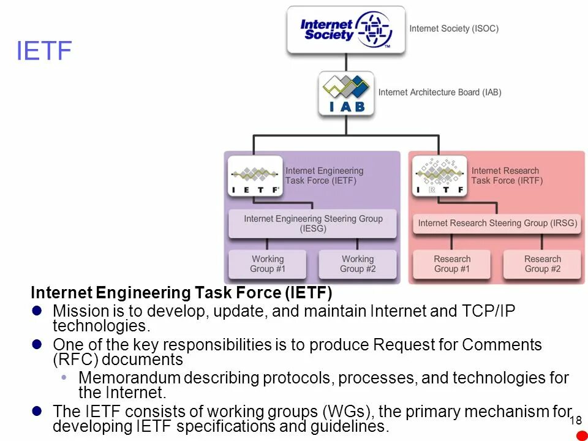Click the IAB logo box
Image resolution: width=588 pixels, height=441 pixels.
[x=346, y=93]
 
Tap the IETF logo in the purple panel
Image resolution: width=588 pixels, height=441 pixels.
[x=255, y=176]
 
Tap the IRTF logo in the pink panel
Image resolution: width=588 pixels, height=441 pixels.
[x=439, y=176]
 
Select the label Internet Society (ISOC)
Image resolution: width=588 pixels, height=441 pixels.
[x=454, y=29]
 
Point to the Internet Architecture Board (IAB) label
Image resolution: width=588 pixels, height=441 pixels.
[x=440, y=92]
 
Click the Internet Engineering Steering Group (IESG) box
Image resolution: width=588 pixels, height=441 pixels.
[x=313, y=224]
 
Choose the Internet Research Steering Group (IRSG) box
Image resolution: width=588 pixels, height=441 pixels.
[x=497, y=224]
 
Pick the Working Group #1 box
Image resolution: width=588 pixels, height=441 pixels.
[x=268, y=264]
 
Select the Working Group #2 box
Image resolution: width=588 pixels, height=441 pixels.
[x=358, y=264]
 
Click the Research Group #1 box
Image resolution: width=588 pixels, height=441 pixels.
[x=452, y=264]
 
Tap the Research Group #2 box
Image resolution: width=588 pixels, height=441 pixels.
[x=542, y=264]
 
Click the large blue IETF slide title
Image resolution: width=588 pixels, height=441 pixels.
[x=44, y=51]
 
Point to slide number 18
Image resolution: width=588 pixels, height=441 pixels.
[x=575, y=421]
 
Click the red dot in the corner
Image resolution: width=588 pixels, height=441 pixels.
[x=582, y=435]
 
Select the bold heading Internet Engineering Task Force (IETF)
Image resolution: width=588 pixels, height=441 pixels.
[x=181, y=292]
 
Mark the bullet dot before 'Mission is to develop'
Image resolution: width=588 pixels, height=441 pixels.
[x=37, y=311]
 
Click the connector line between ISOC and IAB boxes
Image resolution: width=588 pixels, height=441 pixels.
[x=346, y=62]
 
